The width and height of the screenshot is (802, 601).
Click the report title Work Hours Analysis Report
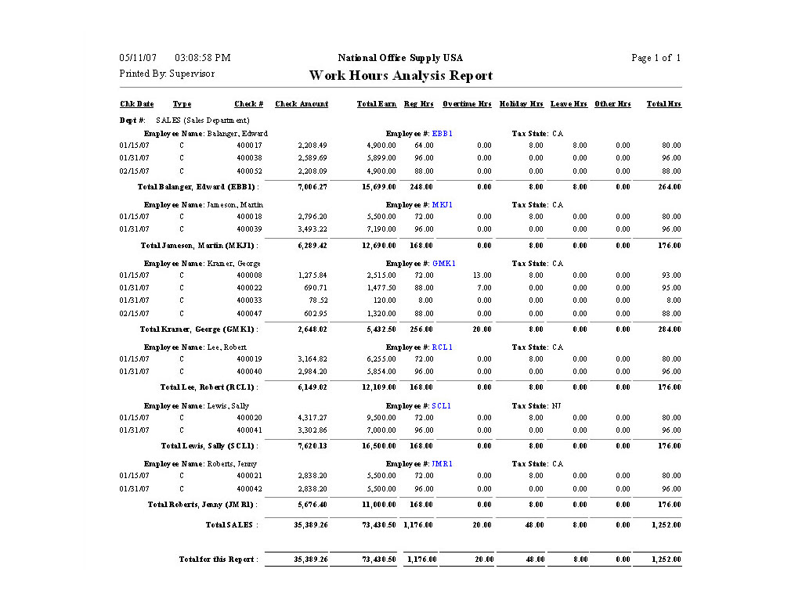coord(401,76)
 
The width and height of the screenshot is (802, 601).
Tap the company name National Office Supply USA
coord(400,58)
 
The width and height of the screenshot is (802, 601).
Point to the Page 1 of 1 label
coord(656,58)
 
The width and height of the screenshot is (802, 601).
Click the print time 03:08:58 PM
coord(203,58)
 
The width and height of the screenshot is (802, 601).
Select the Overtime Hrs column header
coord(467,104)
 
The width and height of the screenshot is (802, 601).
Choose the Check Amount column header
coord(302,104)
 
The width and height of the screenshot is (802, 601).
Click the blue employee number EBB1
coord(443,134)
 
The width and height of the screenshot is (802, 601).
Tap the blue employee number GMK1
coord(444,264)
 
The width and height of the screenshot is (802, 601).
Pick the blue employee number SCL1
coord(442,406)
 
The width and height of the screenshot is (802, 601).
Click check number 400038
coord(249,158)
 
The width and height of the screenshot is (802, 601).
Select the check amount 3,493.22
coord(312,229)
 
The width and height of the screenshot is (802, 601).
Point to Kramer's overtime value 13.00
coord(482,275)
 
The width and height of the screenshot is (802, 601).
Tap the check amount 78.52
coord(317,300)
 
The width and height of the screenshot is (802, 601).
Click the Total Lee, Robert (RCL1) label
coord(209,387)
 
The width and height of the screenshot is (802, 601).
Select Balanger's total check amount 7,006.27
coord(312,187)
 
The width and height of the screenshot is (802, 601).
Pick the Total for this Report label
coord(218,560)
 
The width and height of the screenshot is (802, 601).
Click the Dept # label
coord(132,121)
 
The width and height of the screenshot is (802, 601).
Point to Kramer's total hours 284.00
coord(667,329)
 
